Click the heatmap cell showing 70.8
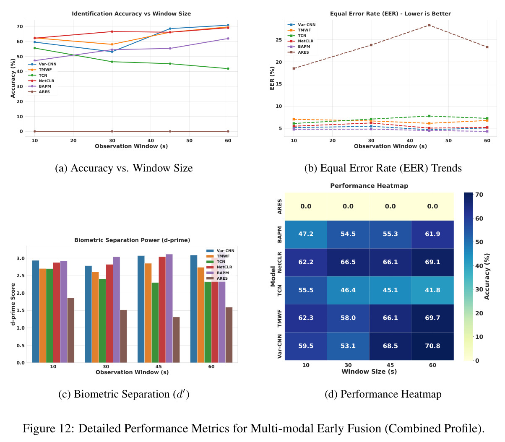[x=432, y=346]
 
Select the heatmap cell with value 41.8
[x=432, y=290]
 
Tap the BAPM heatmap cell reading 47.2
[x=306, y=234]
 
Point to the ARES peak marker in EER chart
[x=429, y=25]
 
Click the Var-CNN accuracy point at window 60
[x=228, y=25]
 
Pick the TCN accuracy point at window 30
[x=112, y=62]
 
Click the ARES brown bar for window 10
[x=71, y=330]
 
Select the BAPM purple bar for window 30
[x=117, y=309]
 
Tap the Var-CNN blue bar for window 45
[x=141, y=309]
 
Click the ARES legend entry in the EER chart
[x=298, y=52]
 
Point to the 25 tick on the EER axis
[x=279, y=40]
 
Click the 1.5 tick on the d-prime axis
[x=21, y=310]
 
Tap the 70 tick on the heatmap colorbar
[x=479, y=195]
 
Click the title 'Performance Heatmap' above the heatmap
[x=369, y=186]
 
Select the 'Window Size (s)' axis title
[x=369, y=371]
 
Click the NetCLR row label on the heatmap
[x=279, y=262]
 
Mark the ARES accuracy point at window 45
[x=170, y=131]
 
